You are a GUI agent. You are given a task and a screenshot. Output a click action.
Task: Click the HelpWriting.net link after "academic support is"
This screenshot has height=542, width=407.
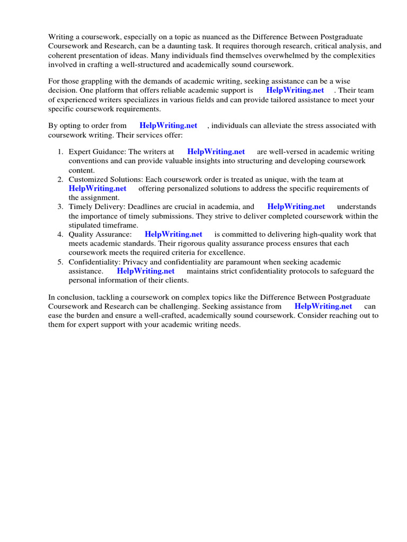pos(295,90)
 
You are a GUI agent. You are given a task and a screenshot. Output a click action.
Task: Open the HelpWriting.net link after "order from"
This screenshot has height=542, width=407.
pos(168,125)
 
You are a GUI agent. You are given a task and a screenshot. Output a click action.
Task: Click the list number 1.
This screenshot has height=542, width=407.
pos(60,152)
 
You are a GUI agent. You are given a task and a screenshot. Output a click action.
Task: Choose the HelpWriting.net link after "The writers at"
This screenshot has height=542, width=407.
pos(216,152)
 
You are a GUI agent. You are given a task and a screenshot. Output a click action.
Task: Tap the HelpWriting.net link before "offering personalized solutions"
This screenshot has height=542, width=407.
pos(98,188)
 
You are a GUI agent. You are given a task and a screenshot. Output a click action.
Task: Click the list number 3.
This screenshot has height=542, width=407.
pos(60,206)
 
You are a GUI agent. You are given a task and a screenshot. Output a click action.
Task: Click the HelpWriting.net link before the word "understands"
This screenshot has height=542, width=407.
pos(296,206)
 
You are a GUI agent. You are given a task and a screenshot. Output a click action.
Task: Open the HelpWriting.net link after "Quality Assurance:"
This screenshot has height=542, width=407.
pos(173,234)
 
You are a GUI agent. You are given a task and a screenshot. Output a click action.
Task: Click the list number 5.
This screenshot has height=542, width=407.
pos(60,262)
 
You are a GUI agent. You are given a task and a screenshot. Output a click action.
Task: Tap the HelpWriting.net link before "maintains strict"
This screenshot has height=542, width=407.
pos(146,271)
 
